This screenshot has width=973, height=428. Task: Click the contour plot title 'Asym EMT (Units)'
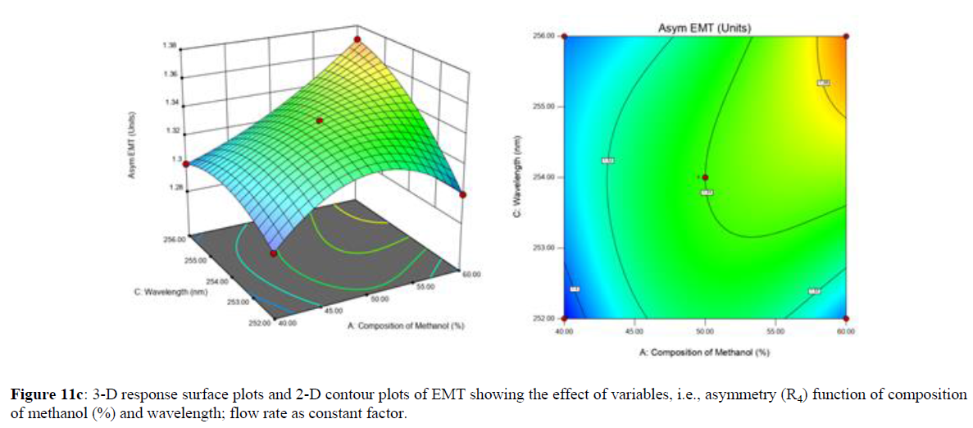(x=705, y=28)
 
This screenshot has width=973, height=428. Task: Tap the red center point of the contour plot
(x=705, y=177)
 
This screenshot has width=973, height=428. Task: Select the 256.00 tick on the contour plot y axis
(x=544, y=36)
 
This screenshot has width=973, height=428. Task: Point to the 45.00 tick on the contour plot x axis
(x=634, y=330)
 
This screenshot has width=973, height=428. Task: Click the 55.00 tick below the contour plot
(x=775, y=330)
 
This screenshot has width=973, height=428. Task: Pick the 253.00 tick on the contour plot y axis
(x=544, y=248)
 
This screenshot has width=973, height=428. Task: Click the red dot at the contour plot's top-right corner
(x=846, y=36)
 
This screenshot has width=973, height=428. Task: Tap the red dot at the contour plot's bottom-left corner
(x=564, y=318)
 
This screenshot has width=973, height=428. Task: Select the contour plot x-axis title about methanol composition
(x=705, y=352)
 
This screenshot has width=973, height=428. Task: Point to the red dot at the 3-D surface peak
(x=357, y=39)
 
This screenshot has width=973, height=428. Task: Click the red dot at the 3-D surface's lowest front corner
(x=274, y=253)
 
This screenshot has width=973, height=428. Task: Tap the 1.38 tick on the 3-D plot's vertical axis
(x=170, y=45)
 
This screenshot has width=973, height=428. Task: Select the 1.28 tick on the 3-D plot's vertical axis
(x=170, y=188)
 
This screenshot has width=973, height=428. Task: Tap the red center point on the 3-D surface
(x=320, y=121)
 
